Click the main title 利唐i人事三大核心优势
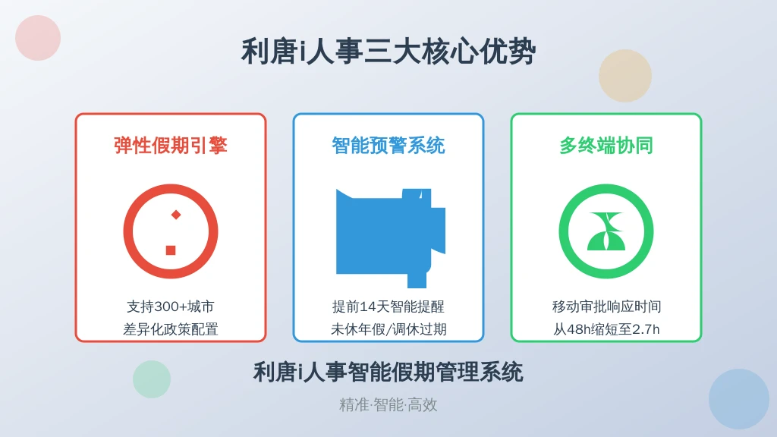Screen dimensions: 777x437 click(388, 52)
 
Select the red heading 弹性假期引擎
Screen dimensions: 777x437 click(171, 146)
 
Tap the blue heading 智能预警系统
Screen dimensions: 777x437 click(388, 146)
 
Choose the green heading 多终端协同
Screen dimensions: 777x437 click(606, 146)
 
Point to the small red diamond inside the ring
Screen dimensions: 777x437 click(176, 215)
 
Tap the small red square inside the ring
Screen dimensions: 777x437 click(171, 250)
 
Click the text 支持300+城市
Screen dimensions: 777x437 click(171, 307)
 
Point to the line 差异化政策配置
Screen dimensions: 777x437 click(171, 329)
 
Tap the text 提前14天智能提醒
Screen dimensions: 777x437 click(388, 307)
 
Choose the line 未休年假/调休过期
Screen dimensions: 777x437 click(388, 329)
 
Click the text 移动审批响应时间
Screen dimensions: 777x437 click(606, 307)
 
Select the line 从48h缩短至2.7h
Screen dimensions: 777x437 click(606, 329)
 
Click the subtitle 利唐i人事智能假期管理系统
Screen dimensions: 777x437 click(388, 372)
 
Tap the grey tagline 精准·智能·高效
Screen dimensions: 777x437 click(388, 405)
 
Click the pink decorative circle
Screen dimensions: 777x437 click(38, 38)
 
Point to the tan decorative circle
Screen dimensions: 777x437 click(625, 76)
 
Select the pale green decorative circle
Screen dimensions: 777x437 click(152, 379)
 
